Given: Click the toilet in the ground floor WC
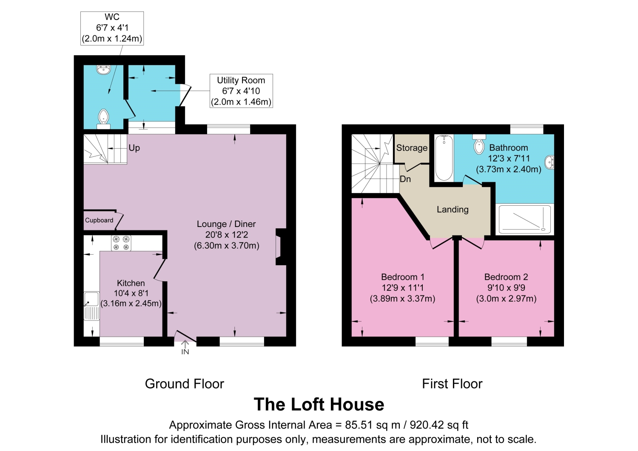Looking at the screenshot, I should coord(103,118).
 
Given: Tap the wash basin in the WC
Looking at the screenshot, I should coord(103,69).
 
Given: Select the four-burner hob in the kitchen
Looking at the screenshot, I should coord(121,243).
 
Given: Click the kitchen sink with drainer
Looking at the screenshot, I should coord(91,305).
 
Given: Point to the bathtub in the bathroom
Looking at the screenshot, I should coord(444,158).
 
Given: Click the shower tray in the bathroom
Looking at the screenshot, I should coord(525,219).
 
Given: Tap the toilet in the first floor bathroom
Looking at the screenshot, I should coord(479,145).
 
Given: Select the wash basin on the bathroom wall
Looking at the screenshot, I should coord(550,162).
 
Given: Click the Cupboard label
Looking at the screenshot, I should coord(99,220).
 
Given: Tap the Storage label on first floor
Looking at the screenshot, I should coord(412,148).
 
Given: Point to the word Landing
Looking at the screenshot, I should coord(453,210).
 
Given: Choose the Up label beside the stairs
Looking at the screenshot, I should coord(134,148).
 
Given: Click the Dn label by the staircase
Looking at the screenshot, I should coord(405,179).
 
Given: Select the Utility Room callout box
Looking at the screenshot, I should coord(241,91).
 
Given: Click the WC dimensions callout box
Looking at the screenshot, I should coord(112,28).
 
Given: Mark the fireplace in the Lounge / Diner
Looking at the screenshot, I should coord(281,247).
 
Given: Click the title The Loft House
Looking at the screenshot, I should coord(319,404).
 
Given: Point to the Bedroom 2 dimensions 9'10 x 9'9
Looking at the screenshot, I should coord(506,288).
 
